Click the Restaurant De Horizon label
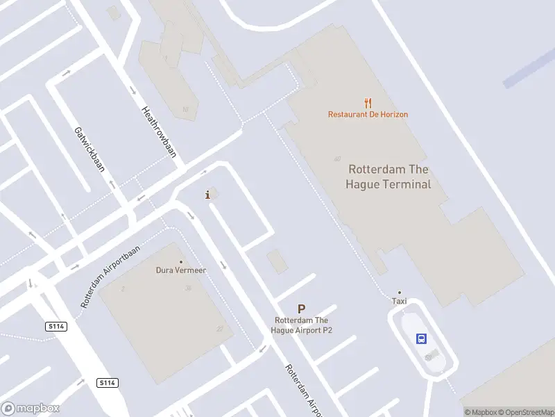point(368,114)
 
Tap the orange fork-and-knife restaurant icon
point(368,104)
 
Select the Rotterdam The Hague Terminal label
point(388,177)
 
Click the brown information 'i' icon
point(207,195)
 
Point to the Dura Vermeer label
point(180,270)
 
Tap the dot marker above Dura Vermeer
point(181,262)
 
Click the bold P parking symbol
point(301,309)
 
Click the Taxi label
point(399,302)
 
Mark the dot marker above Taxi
point(399,293)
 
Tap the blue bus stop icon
point(421,338)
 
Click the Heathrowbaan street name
point(159,131)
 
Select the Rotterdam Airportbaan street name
point(110,277)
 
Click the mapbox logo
point(31,409)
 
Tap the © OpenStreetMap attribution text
point(525,412)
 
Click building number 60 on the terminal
point(337,159)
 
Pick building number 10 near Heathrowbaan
point(185,109)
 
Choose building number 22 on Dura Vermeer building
point(219,329)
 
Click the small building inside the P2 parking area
point(277,261)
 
